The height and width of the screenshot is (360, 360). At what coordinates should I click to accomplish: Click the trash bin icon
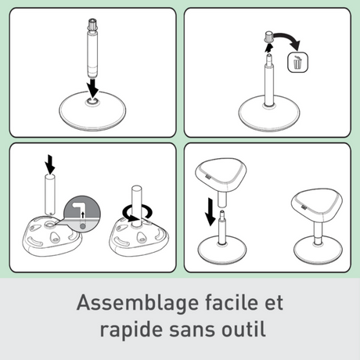point(297,63)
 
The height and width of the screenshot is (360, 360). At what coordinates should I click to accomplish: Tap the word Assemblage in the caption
point(137,304)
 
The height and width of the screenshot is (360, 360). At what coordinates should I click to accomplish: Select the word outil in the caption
point(243,329)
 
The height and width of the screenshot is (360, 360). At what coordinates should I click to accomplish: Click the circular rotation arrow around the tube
point(137,213)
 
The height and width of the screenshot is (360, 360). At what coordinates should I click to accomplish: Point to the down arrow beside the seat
point(210,211)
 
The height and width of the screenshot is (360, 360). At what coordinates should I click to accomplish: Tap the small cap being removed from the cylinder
point(269,37)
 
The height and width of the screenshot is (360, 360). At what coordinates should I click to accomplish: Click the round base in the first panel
point(92,111)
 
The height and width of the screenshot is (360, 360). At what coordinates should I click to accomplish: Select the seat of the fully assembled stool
point(317,205)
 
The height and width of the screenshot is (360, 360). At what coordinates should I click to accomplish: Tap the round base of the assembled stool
point(318,250)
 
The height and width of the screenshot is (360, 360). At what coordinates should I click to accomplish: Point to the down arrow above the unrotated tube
point(50,164)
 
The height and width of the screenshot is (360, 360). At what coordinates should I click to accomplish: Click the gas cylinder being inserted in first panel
point(92,49)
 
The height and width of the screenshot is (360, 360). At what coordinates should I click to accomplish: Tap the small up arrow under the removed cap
point(268,48)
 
